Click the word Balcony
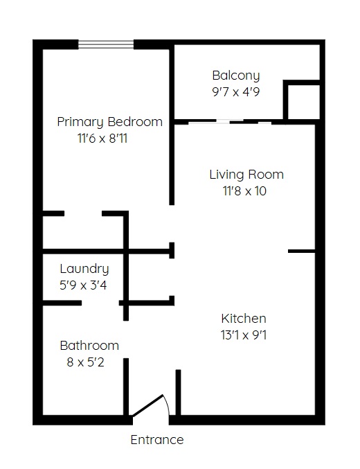coord(236,76)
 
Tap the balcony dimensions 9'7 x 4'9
coord(236,92)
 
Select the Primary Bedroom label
coord(110,122)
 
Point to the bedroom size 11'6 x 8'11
coord(102,139)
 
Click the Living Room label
coord(246,175)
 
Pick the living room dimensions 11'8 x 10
coord(244,191)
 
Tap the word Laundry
coord(84,269)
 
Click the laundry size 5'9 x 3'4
coord(83,285)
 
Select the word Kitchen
coord(244,319)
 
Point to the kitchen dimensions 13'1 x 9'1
coord(244,335)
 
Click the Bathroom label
coord(89,346)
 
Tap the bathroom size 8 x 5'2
coord(86,362)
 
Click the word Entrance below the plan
coord(157,440)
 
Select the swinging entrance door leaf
coord(148,405)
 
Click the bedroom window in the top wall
coord(106,44)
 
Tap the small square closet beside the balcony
coord(301,100)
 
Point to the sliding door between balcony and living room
coord(230,122)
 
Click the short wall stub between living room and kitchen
coord(301,251)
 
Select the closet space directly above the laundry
coord(83,231)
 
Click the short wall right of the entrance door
coord(178,392)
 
